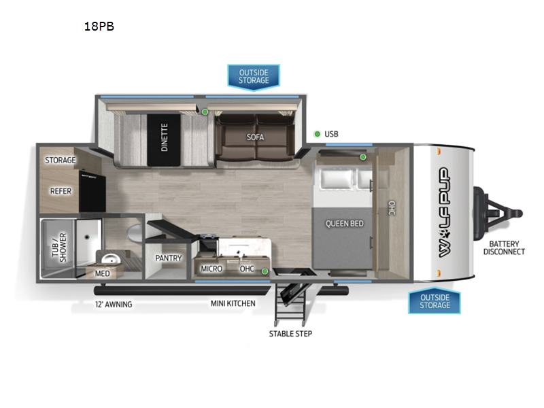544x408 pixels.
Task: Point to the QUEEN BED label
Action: point(344,223)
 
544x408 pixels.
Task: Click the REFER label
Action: point(61,191)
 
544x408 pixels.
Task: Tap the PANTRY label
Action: point(168,258)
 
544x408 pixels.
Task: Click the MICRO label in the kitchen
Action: point(211,269)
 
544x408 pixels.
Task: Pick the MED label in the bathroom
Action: point(103,273)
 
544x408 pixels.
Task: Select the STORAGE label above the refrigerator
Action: point(61,160)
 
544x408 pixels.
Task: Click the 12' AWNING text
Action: point(114,304)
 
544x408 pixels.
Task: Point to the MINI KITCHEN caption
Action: point(233,303)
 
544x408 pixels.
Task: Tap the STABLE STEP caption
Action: point(290,333)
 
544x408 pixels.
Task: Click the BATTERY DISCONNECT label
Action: point(504,248)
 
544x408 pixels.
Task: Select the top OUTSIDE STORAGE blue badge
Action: point(253,76)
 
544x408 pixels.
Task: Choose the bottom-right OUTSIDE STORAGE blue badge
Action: point(435,301)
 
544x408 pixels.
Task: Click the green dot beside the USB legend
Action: point(318,134)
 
